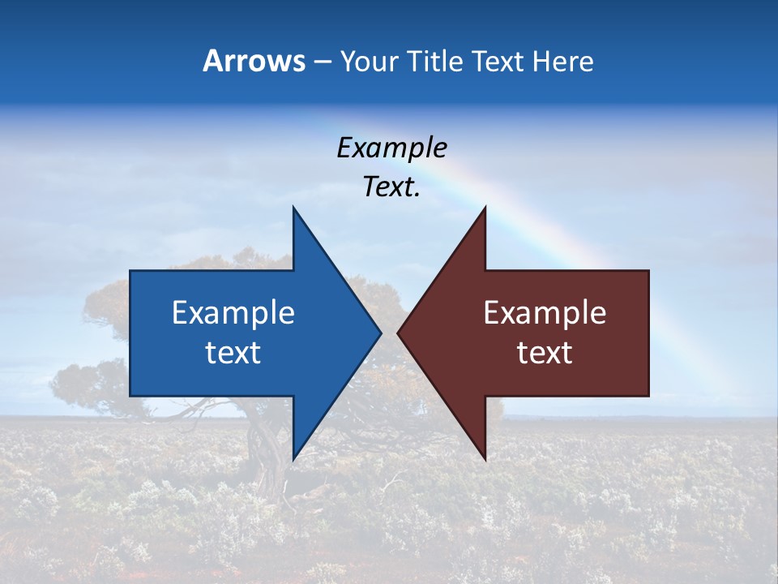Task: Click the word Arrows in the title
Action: [254, 61]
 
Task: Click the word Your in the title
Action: [370, 61]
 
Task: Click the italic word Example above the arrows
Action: [391, 148]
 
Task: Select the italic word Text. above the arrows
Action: [391, 187]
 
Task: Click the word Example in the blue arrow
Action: [233, 313]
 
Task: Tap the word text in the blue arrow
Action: [233, 353]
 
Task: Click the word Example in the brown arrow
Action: [545, 313]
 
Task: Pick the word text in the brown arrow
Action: [545, 353]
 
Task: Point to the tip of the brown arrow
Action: [399, 333]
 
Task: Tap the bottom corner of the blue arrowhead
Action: [294, 458]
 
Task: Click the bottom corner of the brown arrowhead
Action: [485, 458]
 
